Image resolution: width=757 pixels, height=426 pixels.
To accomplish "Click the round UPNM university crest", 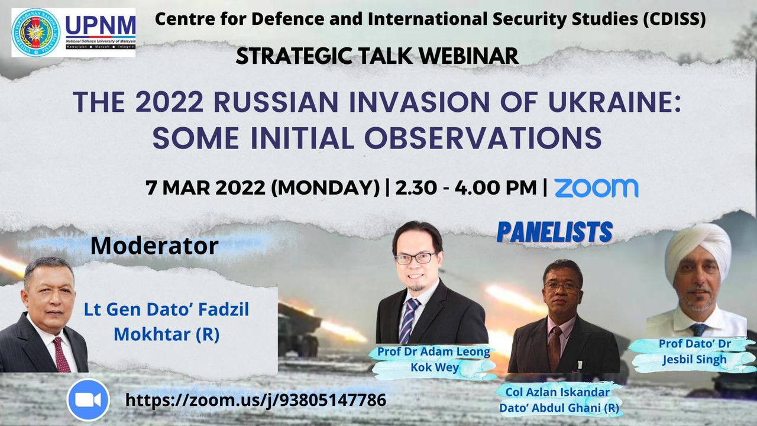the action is click(36, 33).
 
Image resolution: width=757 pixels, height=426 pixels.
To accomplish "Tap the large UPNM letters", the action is click(101, 25).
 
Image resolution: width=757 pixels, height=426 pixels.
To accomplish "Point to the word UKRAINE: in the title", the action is click(614, 102).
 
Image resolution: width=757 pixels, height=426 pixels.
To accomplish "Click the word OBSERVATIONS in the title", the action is click(483, 138).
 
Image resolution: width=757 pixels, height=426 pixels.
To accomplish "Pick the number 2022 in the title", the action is click(170, 102).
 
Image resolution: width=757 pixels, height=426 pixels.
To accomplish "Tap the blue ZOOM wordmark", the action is click(596, 188).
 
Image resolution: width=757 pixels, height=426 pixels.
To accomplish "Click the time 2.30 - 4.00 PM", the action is click(466, 188).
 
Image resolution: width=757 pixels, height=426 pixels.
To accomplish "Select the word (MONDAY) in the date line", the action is click(325, 188).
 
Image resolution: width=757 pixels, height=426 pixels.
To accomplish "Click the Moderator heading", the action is click(154, 246).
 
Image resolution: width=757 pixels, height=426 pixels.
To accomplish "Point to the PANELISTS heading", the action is click(555, 232).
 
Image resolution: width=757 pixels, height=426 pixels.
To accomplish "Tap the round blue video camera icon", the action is click(88, 400).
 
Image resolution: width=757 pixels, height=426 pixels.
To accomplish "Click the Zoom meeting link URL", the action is click(256, 400).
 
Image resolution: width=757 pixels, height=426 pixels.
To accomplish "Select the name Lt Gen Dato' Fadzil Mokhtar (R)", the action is click(167, 322).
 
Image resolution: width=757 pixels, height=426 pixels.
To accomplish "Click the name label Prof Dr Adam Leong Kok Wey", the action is click(434, 359).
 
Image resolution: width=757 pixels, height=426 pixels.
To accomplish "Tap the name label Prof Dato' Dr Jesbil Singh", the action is click(695, 351).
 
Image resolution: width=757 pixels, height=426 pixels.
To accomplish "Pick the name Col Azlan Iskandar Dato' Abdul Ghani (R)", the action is click(559, 400).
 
